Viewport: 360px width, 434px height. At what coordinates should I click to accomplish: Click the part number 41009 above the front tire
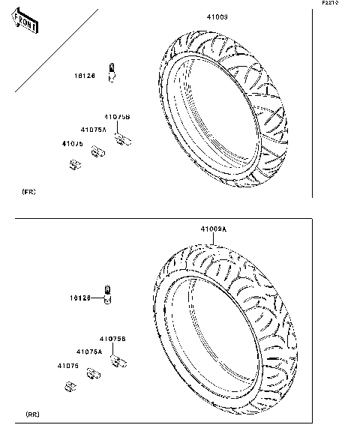pos(217,16)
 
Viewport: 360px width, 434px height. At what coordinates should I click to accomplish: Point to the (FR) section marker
pos(28,193)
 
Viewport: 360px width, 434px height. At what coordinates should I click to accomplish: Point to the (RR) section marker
pos(32,415)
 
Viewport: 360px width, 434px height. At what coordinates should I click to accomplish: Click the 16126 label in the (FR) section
pos(84,76)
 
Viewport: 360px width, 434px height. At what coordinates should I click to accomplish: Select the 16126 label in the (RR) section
pos(82,298)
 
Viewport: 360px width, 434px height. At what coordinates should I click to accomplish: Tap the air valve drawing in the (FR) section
pos(112,73)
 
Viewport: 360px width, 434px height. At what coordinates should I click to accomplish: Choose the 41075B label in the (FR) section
pos(117,117)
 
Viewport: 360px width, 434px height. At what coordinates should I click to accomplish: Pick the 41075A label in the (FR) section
pos(94,130)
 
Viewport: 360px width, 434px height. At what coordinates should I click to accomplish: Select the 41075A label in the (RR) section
pos(89,351)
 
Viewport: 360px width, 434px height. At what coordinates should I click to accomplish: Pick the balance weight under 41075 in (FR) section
pos(74,164)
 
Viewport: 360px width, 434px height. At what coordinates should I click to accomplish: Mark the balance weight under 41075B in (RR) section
pos(117,361)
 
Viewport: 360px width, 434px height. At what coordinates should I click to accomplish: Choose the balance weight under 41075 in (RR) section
pos(72,386)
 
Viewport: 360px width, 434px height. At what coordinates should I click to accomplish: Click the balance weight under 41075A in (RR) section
pos(94,374)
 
